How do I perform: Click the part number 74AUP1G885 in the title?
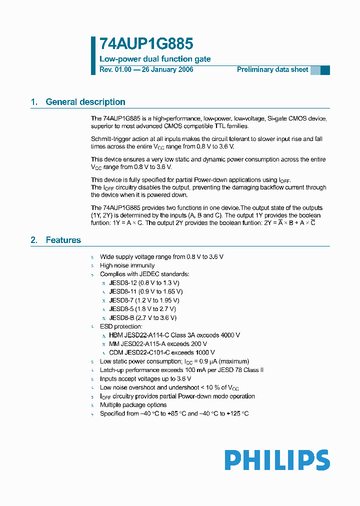[146, 44]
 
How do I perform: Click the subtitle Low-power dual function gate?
[155, 59]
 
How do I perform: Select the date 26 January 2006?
[167, 69]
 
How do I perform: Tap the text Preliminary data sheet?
[272, 69]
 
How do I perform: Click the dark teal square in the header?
[325, 70]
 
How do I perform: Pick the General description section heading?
[85, 102]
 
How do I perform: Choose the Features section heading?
[63, 240]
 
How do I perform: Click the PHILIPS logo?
[277, 460]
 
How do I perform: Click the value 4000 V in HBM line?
[230, 335]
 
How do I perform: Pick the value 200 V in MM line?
[198, 344]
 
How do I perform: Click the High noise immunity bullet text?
[127, 265]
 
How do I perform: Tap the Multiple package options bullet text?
[133, 405]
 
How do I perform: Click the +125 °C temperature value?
[238, 413]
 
